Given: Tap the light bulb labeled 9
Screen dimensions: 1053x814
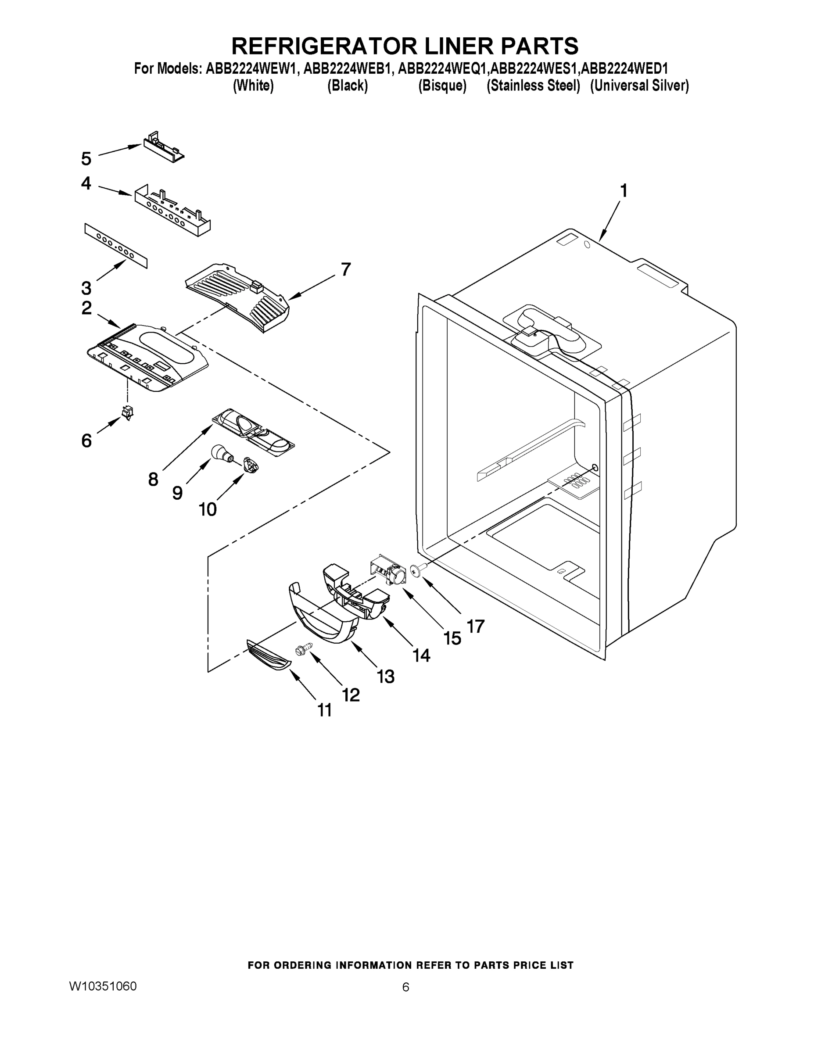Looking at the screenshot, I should (x=221, y=453).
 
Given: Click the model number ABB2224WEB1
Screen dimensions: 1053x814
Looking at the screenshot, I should (x=346, y=68).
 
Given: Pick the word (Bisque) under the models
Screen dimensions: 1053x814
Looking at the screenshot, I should (x=442, y=86).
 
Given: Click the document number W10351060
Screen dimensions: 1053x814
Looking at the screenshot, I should (x=103, y=986).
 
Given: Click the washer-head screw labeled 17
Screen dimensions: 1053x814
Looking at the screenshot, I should (x=416, y=570).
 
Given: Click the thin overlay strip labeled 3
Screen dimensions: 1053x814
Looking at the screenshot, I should (x=116, y=245).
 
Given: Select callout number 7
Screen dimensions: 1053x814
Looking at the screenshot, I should (x=345, y=269).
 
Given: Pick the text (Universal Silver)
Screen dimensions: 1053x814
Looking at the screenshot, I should (x=639, y=86).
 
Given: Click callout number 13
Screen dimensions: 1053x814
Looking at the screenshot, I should (x=385, y=677).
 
